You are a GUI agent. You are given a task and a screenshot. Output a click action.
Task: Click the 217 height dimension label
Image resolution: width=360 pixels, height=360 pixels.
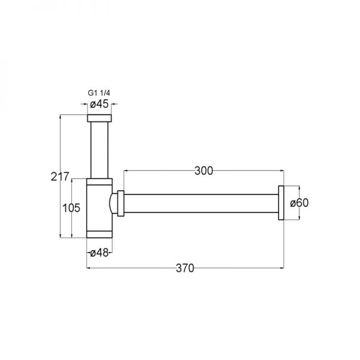click(x=59, y=176)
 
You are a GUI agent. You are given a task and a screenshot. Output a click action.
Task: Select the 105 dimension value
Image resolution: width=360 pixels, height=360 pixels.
click(x=71, y=208)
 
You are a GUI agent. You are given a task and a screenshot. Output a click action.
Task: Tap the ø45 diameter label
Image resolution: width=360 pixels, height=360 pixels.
click(x=99, y=104)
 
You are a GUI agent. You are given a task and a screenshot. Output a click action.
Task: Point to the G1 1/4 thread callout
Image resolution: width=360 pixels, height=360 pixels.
click(x=99, y=93)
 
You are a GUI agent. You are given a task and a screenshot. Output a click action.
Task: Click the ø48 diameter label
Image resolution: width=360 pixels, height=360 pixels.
click(x=99, y=253)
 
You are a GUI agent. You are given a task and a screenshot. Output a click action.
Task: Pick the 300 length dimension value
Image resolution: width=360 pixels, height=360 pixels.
click(x=204, y=171)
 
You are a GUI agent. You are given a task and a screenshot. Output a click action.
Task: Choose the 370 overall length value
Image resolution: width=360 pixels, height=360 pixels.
click(x=185, y=268)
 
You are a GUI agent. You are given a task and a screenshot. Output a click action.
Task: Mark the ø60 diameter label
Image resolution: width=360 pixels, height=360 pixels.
click(x=299, y=203)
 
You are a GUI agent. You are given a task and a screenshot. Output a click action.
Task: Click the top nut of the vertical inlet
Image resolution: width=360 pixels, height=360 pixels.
click(x=99, y=118)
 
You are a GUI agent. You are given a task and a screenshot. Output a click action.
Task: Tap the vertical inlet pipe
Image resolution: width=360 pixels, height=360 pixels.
click(x=99, y=150)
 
